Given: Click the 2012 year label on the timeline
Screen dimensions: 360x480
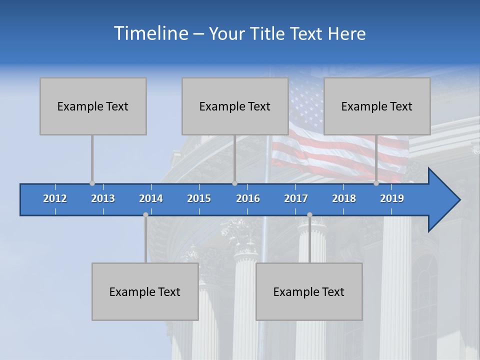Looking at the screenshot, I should pyautogui.click(x=55, y=198).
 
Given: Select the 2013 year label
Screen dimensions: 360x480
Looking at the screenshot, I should pyautogui.click(x=103, y=198).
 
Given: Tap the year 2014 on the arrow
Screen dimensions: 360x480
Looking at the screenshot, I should pyautogui.click(x=151, y=198).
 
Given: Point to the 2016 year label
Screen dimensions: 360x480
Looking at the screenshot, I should pyautogui.click(x=248, y=198).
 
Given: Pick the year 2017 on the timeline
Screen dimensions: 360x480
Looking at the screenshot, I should pyautogui.click(x=296, y=198).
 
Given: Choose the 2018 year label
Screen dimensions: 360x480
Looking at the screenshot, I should pyautogui.click(x=344, y=198).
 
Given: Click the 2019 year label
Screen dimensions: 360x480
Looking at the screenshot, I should pyautogui.click(x=392, y=198).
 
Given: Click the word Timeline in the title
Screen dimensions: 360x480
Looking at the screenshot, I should pyautogui.click(x=150, y=33).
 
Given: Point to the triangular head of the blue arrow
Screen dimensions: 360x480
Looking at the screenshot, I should pyautogui.click(x=443, y=200).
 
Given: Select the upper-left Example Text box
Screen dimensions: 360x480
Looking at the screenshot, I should pyautogui.click(x=93, y=106).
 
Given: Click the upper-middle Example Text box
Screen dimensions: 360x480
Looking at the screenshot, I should pyautogui.click(x=235, y=106).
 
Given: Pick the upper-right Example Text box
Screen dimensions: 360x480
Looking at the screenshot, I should pyautogui.click(x=377, y=106).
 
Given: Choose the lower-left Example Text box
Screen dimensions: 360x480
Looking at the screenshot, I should pyautogui.click(x=145, y=291).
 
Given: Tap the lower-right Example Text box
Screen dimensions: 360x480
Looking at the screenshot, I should pyautogui.click(x=309, y=291).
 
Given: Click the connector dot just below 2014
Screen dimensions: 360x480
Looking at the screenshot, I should pyautogui.click(x=145, y=214).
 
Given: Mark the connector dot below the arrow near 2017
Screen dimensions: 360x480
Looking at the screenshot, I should pyautogui.click(x=309, y=214).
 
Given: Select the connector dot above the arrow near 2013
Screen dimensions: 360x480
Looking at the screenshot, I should pyautogui.click(x=92, y=183).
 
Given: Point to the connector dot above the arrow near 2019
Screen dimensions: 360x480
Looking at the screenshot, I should pyautogui.click(x=376, y=183).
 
